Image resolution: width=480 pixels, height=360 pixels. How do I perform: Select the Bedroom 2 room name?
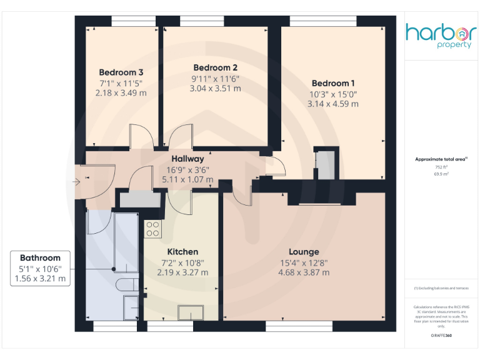click(x=215, y=67)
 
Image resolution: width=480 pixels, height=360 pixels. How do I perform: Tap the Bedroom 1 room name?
click(x=332, y=83)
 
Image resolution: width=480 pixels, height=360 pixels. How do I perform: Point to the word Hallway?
click(x=187, y=159)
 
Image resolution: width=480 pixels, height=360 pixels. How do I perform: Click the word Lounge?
click(x=304, y=252)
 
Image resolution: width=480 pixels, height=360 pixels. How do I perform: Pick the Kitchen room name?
click(x=182, y=252)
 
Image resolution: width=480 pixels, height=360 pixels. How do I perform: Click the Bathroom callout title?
click(x=40, y=257)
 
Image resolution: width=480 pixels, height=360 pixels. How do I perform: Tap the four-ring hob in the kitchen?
click(x=152, y=229)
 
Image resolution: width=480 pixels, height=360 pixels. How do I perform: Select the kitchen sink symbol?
click(x=187, y=311)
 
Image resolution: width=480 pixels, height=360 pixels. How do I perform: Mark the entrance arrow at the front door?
click(x=76, y=182)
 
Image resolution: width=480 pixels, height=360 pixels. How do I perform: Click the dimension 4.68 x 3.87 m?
click(x=304, y=272)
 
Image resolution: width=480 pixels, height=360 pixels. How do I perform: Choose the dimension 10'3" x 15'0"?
click(x=332, y=94)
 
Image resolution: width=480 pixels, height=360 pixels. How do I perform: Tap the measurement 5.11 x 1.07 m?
click(x=187, y=179)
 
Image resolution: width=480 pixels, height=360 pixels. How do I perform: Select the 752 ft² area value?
click(x=441, y=167)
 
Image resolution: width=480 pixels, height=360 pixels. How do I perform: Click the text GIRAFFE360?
click(x=441, y=336)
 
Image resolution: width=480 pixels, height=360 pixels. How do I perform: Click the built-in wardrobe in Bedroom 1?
click(x=326, y=164)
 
